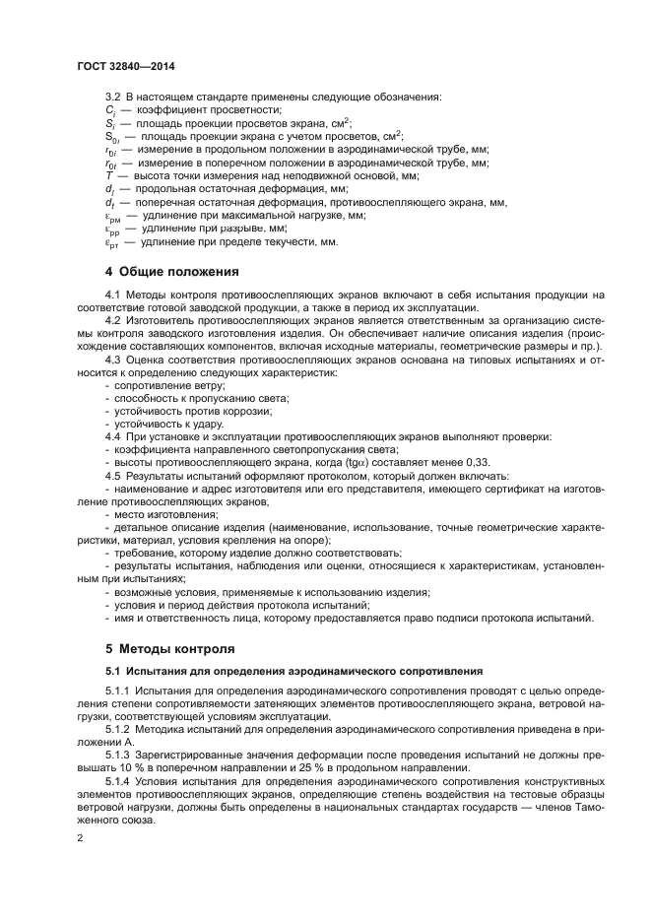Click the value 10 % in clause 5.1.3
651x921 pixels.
135,766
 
